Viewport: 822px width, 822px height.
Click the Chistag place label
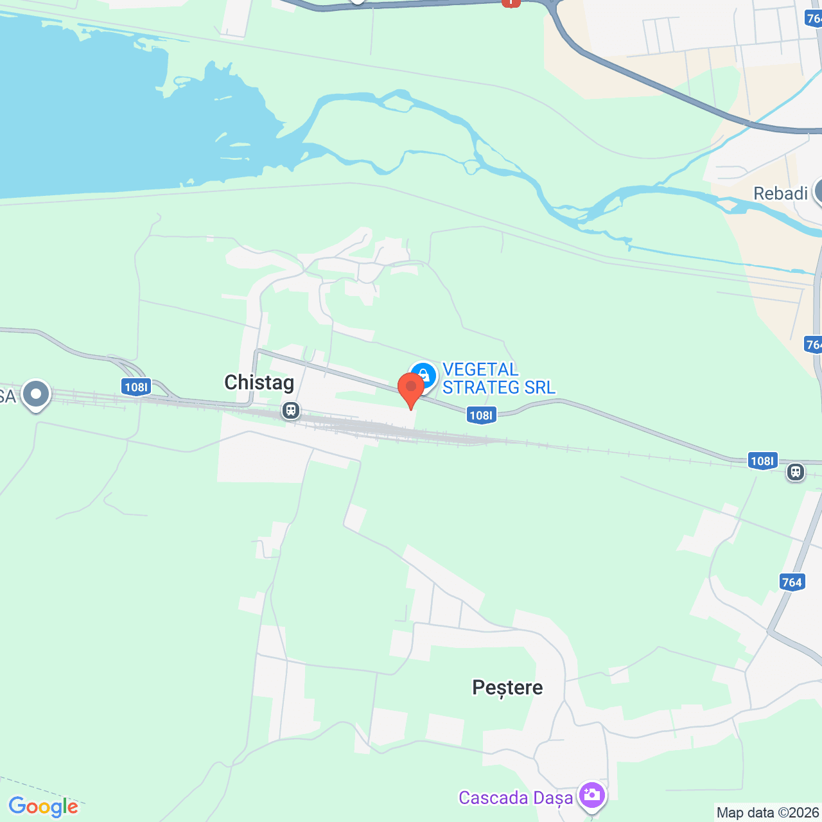(259, 383)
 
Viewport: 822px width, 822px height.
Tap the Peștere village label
(507, 688)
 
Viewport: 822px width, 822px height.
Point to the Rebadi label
(780, 193)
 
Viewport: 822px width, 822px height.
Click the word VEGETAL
(480, 370)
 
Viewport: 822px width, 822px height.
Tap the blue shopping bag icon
(423, 376)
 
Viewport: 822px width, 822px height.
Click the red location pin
(411, 388)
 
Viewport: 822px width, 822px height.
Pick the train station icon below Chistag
(291, 410)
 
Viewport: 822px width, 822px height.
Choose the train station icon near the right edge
(796, 472)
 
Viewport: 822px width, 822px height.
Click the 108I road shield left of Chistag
(136, 387)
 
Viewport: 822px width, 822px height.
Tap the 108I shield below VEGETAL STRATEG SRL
(481, 415)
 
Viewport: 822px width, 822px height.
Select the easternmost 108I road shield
(762, 460)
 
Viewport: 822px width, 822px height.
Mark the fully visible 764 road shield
(792, 582)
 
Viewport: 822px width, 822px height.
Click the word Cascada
(493, 798)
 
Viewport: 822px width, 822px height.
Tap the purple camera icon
(591, 796)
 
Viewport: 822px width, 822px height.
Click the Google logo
(43, 807)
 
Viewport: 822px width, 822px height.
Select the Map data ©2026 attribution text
(768, 812)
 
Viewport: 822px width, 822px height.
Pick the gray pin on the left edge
(35, 394)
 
